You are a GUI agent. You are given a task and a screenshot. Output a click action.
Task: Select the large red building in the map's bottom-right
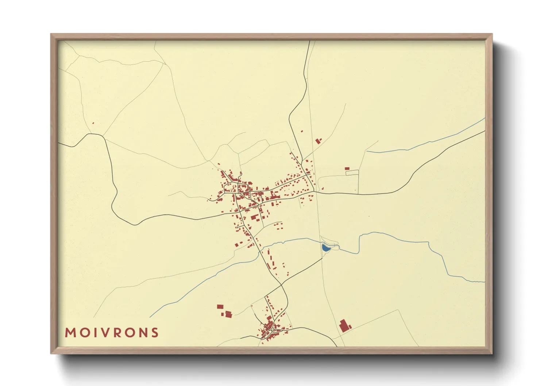click(343, 325)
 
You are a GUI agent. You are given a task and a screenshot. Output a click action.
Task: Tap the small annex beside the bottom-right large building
click(348, 327)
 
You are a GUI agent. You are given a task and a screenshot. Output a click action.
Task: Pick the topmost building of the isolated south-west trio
click(220, 307)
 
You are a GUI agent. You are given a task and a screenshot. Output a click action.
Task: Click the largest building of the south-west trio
click(228, 314)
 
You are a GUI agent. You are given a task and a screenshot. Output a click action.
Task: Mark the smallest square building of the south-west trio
click(223, 313)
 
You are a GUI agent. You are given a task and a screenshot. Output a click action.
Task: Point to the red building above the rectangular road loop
click(347, 169)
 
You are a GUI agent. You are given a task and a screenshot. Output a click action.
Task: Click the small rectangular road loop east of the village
click(352, 173)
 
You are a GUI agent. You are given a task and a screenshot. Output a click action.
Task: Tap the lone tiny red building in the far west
click(93, 123)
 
